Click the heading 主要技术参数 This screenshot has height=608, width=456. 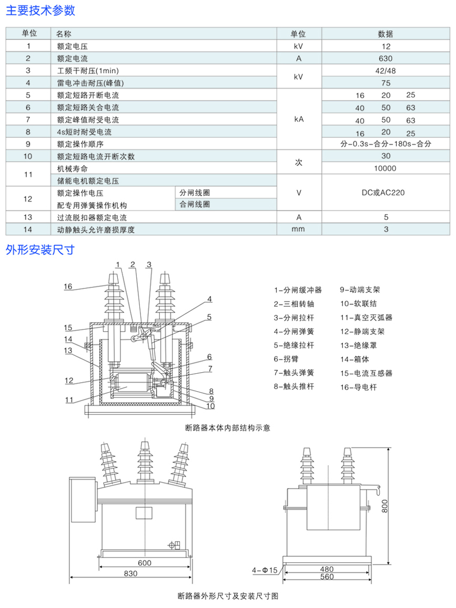click(x=40, y=11)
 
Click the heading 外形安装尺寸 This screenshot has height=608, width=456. click(x=40, y=250)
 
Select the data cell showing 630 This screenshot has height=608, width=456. click(x=386, y=58)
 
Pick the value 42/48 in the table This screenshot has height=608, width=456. click(x=386, y=71)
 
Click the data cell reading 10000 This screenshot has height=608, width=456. click(x=386, y=168)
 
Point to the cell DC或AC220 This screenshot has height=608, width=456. click(x=383, y=193)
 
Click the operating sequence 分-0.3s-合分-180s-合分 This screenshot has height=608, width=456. click(x=386, y=144)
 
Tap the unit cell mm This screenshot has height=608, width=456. click(x=298, y=229)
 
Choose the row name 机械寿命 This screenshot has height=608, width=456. click(x=69, y=168)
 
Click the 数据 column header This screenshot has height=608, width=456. click(x=386, y=34)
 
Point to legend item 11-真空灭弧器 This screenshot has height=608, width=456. click(x=366, y=317)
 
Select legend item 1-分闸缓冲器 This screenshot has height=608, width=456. click(x=298, y=290)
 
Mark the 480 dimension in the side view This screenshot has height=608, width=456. click(x=327, y=569)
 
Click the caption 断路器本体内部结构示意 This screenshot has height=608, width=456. click(x=228, y=428)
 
